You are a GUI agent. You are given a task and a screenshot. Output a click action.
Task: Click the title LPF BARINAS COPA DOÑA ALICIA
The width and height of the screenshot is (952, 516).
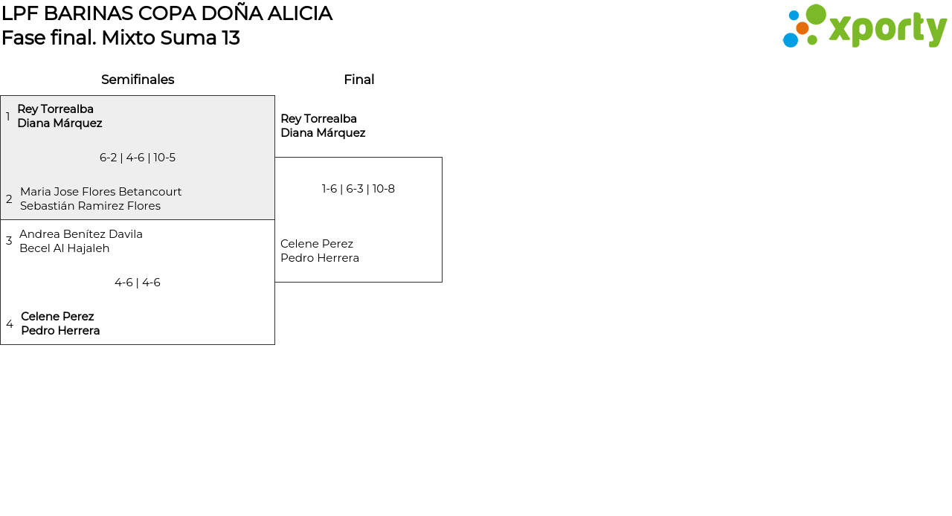pyautogui.click(x=167, y=13)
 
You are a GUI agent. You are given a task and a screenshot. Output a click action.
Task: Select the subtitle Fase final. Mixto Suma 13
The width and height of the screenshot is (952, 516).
pyautogui.click(x=120, y=38)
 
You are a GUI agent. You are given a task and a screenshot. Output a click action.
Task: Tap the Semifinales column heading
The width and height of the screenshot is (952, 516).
pyautogui.click(x=138, y=80)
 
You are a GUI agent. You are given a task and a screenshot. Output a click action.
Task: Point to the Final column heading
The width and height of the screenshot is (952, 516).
pyautogui.click(x=358, y=80)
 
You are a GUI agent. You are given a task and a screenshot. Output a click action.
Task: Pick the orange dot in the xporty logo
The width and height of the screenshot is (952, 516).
pyautogui.click(x=802, y=28)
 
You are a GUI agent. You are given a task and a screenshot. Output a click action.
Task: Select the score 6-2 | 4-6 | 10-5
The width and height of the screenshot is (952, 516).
pyautogui.click(x=138, y=158)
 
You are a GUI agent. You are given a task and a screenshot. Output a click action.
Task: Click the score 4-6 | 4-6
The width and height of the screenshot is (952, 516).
pyautogui.click(x=138, y=283)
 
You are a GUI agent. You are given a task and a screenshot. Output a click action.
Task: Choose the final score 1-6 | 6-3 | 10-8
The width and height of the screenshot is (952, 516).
pyautogui.click(x=358, y=189)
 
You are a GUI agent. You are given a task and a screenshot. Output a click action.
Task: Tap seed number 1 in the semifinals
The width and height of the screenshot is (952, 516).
pyautogui.click(x=8, y=117)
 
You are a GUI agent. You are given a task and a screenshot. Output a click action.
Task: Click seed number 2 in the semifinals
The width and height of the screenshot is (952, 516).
pyautogui.click(x=9, y=199)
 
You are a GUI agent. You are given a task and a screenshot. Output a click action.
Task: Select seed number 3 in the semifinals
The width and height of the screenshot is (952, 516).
pyautogui.click(x=9, y=241)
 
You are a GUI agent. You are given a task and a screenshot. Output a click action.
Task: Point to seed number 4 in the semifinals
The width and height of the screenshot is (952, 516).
pyautogui.click(x=10, y=324)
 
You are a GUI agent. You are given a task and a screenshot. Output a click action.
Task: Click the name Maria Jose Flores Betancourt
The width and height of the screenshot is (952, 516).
pyautogui.click(x=100, y=192)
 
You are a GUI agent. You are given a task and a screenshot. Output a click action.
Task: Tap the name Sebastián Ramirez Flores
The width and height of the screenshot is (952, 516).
pyautogui.click(x=90, y=206)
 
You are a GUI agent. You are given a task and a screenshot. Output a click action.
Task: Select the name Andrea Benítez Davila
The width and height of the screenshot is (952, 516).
pyautogui.click(x=81, y=234)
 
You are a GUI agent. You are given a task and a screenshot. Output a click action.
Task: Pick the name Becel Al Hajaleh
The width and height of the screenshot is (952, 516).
pyautogui.click(x=64, y=248)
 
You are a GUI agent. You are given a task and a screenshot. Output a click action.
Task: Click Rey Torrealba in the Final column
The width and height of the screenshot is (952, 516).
pyautogui.click(x=318, y=119)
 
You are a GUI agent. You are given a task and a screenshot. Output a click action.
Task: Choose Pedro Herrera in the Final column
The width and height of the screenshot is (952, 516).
pyautogui.click(x=320, y=258)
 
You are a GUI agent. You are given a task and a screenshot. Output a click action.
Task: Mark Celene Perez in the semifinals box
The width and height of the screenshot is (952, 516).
pyautogui.click(x=57, y=317)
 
